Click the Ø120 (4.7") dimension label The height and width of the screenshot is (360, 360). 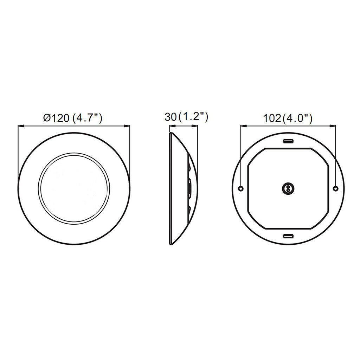pos(72,118)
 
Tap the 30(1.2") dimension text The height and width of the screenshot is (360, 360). pos(186,117)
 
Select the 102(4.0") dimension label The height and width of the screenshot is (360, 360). pos(288,118)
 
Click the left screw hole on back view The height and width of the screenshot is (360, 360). pos(240,188)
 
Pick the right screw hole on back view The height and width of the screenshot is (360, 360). pos(335,188)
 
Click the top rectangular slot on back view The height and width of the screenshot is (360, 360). pos(288,141)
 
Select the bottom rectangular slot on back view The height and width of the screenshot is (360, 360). pos(288,236)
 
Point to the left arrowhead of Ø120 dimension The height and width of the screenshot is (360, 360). pos(21,126)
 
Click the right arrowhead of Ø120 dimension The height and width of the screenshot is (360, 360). pos(127,126)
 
